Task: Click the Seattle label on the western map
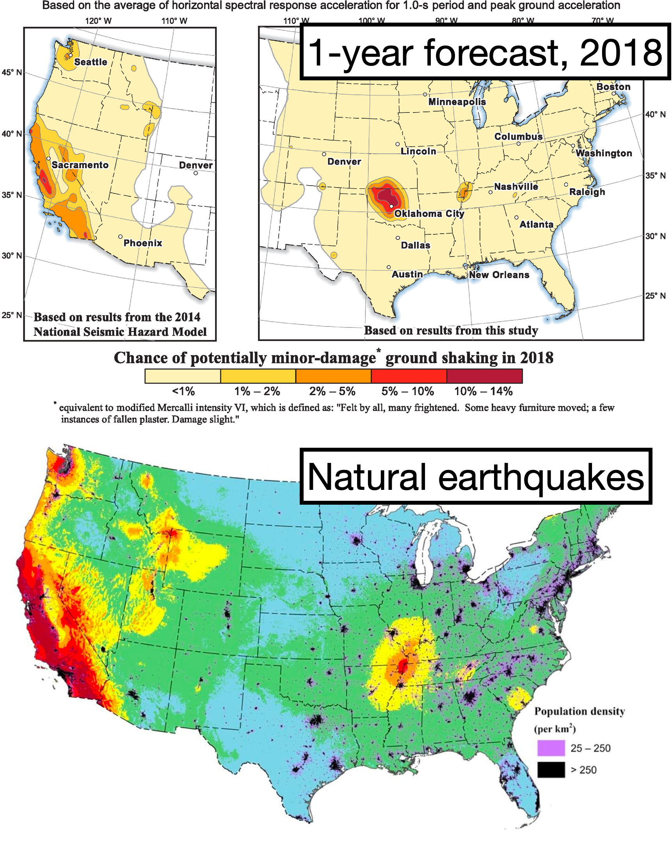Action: coord(91,62)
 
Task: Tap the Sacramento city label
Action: coord(80,165)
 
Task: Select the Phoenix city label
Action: coord(142,243)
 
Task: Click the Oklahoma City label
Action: coord(429,213)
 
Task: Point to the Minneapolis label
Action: coord(457,102)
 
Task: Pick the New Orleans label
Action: coord(499,275)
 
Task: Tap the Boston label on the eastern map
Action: coord(613,87)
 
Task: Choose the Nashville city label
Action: coord(516,187)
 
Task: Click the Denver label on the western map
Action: coord(196,165)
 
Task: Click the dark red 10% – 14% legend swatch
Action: coord(484,376)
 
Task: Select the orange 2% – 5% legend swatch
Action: coord(333,376)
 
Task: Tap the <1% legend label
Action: coord(183,392)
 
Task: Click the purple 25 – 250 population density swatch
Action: coord(551,748)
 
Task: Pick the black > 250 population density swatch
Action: coord(551,770)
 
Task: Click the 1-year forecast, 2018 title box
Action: coord(484,52)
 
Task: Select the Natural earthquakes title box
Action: coord(475,477)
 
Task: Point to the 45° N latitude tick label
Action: coord(12,73)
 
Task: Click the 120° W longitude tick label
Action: coord(98,21)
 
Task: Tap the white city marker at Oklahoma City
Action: coord(391,206)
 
